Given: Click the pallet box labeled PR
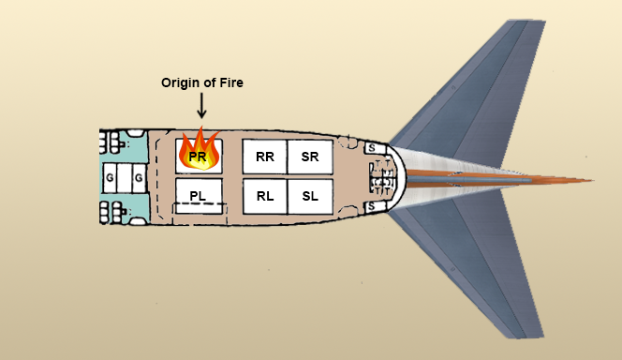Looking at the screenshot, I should [x=199, y=157].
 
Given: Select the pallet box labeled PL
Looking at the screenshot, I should [x=199, y=195].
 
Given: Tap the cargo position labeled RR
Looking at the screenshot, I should [x=264, y=157].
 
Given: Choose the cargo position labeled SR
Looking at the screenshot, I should [x=310, y=157].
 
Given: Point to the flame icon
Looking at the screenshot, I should [x=199, y=150].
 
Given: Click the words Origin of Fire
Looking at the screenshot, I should [x=201, y=83].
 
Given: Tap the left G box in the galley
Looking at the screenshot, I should [x=110, y=175].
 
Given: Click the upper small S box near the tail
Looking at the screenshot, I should [x=371, y=148].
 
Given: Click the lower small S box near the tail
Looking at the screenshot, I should [x=371, y=205].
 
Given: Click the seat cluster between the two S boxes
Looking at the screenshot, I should [x=381, y=176].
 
